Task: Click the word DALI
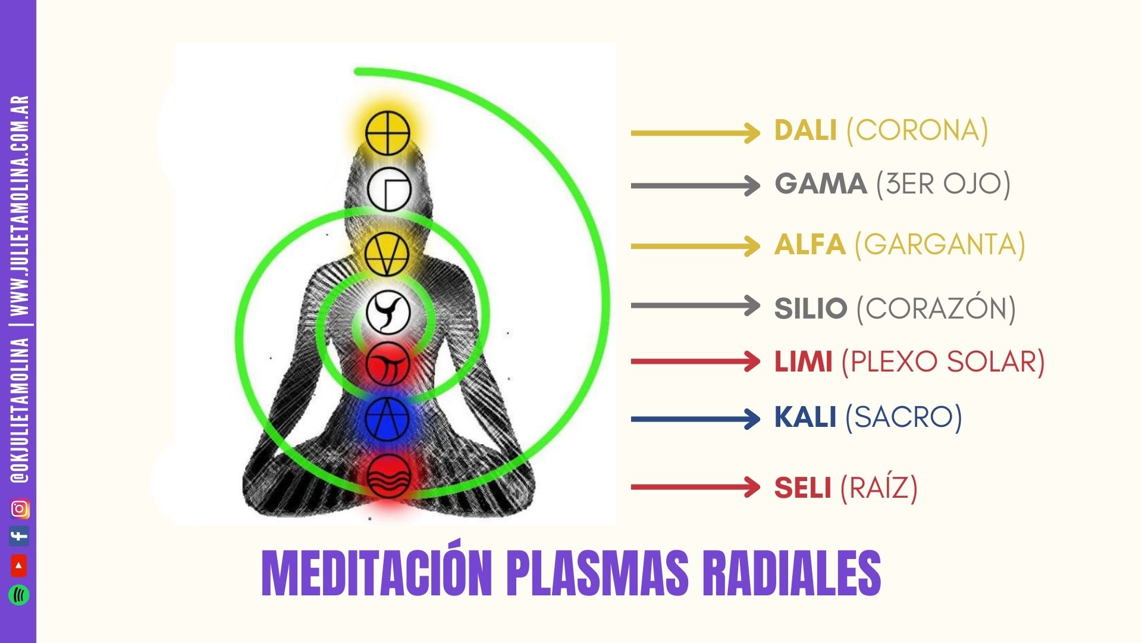[x=805, y=130]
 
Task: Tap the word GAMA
[x=820, y=183]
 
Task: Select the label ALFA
[x=810, y=245]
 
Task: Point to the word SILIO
[x=811, y=308]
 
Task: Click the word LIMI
[x=803, y=361]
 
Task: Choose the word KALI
[x=805, y=417]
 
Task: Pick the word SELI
[x=802, y=488]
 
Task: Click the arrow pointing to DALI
[x=695, y=133]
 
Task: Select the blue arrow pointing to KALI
[x=695, y=419]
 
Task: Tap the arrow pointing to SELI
[x=695, y=488]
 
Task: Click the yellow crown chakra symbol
[x=388, y=132]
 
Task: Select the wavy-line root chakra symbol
[x=388, y=476]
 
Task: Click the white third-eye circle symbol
[x=388, y=189]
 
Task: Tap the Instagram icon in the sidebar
[x=20, y=509]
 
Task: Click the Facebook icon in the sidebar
[x=20, y=536]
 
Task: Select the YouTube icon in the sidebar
[x=20, y=566]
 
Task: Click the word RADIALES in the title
[x=791, y=573]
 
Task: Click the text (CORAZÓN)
[x=936, y=308]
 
